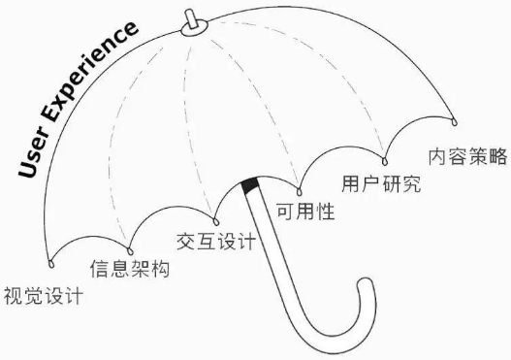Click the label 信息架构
129,269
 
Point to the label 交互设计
216,239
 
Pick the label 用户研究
382,183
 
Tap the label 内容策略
468,156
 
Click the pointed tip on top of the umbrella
191,18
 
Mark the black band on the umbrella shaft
251,185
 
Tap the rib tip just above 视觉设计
50,262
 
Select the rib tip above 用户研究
384,160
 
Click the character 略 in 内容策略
498,156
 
